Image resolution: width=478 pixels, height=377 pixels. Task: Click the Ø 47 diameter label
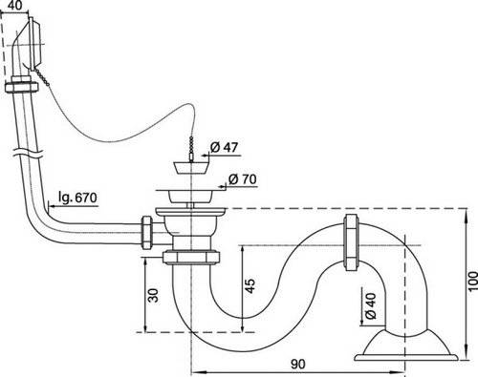pyautogui.click(x=224, y=147)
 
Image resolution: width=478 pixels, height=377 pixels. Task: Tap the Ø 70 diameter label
pyautogui.click(x=242, y=179)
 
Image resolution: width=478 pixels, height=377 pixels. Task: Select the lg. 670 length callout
pyautogui.click(x=77, y=198)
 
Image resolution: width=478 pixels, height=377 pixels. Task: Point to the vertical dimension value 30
pyautogui.click(x=154, y=295)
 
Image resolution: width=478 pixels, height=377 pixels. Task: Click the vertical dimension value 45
pyautogui.click(x=250, y=286)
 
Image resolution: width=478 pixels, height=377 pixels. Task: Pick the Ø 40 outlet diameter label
pyautogui.click(x=371, y=305)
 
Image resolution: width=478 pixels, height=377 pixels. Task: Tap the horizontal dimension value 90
pyautogui.click(x=297, y=365)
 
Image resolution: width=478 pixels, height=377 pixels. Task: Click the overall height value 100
pyautogui.click(x=473, y=281)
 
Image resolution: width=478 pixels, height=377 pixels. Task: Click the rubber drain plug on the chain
pyautogui.click(x=191, y=168)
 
